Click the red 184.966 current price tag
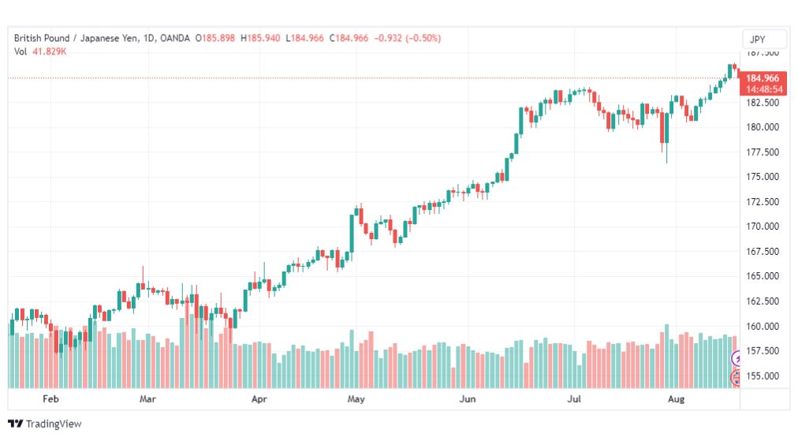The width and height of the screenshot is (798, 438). coord(763,78)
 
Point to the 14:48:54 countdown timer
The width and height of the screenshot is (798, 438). coord(764,89)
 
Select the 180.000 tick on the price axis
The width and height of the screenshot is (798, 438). coord(763,127)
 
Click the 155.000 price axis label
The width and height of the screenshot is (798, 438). coord(763,376)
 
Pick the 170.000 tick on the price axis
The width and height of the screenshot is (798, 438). coord(763,226)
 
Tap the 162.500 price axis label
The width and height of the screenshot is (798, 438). coord(763,301)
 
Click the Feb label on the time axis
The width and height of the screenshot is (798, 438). coord(50,399)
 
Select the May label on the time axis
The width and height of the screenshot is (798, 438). coord(356,399)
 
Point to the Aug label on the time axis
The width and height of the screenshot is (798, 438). coord(676,399)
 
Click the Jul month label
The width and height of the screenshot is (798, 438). coord(573,399)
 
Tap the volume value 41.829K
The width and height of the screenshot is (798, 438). coord(50,51)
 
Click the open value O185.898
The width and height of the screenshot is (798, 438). coord(215,38)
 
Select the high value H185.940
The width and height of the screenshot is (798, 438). coord(260,38)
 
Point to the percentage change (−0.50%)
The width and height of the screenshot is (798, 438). coord(423,38)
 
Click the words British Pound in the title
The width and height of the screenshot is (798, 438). coord(42,38)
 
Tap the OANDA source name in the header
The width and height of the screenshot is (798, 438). coord(174,38)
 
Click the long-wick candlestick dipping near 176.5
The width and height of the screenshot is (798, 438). coord(666,137)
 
